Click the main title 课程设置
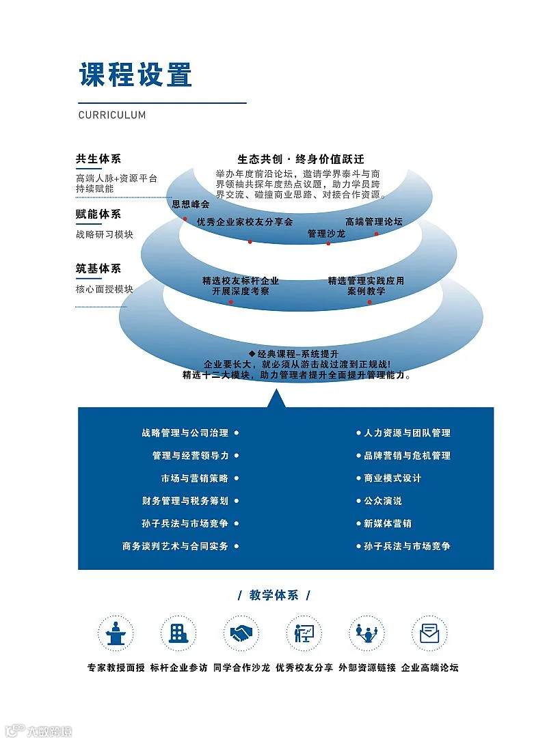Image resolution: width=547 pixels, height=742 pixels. (135, 74)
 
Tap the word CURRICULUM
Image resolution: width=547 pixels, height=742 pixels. (112, 115)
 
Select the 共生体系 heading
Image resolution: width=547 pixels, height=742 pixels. (98, 159)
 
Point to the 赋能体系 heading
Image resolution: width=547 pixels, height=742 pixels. (98, 214)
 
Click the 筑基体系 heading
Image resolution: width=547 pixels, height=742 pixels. (98, 269)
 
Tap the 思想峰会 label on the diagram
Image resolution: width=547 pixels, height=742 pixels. (191, 204)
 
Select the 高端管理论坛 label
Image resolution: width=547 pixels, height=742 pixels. (374, 221)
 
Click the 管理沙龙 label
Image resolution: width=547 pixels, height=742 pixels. (326, 234)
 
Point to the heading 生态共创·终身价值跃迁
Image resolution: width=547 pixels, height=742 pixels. (301, 159)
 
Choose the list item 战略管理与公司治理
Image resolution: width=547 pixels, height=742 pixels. (185, 432)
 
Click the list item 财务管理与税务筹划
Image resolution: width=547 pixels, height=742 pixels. (185, 501)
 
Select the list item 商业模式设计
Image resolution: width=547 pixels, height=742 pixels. (392, 478)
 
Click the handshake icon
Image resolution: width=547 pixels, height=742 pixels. (241, 633)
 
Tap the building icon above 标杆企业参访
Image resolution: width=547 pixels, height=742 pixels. (178, 633)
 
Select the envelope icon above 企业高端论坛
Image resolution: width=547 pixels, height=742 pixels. (429, 633)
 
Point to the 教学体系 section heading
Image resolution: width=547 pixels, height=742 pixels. (274, 595)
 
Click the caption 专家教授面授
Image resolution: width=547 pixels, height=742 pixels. (116, 668)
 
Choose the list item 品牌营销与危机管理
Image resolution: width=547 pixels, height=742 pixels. (407, 455)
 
